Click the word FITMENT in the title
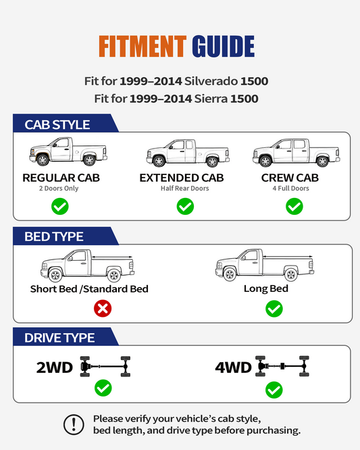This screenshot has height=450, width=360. click(143, 46)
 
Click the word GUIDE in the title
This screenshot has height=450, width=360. click(223, 46)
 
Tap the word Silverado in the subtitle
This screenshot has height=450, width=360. click(211, 81)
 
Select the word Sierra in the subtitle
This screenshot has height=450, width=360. click(211, 99)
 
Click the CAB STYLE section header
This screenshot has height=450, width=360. click(57, 125)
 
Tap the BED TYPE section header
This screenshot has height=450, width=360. click(54, 236)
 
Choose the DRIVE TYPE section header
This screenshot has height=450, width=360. click(59, 338)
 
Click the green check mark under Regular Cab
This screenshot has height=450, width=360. click(60, 206)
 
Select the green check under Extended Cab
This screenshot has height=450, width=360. click(185, 206)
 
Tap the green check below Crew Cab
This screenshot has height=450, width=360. click(294, 206)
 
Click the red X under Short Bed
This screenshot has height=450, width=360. click(103, 309)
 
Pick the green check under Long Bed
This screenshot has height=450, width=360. click(274, 309)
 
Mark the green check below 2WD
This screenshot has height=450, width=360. click(103, 388)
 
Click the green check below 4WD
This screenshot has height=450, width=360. click(274, 390)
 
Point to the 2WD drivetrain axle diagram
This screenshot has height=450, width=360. click(105, 366)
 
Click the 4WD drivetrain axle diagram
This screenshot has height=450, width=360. click(282, 366)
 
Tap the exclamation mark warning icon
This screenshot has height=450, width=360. click(74, 424)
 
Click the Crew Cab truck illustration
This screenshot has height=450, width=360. click(297, 153)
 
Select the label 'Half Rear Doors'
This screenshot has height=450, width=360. click(185, 189)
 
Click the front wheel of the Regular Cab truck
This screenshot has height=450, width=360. click(43, 160)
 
